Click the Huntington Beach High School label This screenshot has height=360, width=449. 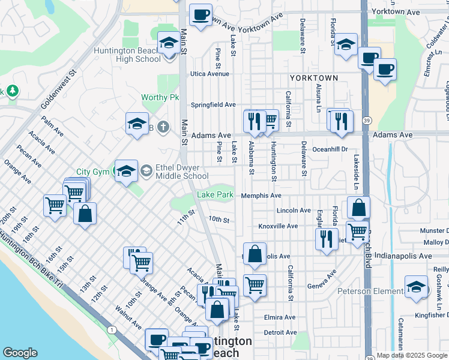127,55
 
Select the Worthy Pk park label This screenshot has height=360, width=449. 160,97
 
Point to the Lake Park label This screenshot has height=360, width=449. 215,195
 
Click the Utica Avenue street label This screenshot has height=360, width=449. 210,74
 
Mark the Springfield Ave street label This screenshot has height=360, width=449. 213,104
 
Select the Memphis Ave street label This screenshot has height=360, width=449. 261,196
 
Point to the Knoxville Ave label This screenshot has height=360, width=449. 278,226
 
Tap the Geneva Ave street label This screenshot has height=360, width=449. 322,278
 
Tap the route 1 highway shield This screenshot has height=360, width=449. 112,329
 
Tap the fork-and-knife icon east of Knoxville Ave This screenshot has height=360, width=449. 326,238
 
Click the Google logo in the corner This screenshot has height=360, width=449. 20,353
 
